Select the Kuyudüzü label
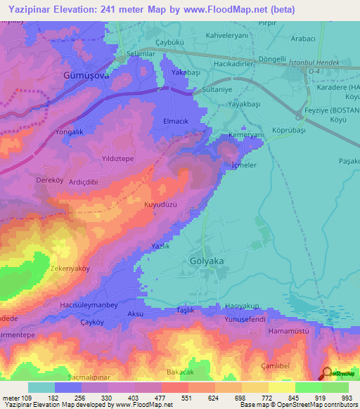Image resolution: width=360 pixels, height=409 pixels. pos(159,204)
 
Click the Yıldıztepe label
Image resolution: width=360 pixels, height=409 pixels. pos(118,159)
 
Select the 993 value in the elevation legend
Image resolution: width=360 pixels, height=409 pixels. pos(344,398)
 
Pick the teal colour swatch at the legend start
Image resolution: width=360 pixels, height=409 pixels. pos(41,387)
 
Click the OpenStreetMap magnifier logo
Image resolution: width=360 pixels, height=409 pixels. pos(327,373)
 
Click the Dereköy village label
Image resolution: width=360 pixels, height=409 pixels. pos(51,180)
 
